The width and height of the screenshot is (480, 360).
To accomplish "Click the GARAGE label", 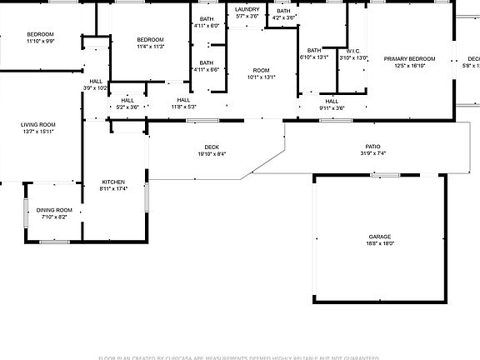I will point(380,237).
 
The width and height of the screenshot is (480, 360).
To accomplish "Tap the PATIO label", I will point(372,147).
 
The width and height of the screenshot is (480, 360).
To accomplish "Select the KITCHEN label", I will point(113,182).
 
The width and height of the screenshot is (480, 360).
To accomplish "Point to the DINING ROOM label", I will point(54,210).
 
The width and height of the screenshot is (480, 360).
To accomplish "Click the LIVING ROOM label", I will point(37,125).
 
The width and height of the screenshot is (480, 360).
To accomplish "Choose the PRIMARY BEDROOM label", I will point(409,58).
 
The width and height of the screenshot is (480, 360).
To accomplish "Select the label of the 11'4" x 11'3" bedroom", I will point(150,40).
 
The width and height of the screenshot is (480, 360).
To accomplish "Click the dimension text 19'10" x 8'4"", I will point(211,154).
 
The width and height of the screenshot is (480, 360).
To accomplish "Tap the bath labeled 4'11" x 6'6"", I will point(206,63).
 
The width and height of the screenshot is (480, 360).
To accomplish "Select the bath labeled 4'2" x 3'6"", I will point(284,11).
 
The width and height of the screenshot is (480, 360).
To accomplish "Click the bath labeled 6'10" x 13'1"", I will point(313,51).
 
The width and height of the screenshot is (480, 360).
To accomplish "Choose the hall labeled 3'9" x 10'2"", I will point(95,81).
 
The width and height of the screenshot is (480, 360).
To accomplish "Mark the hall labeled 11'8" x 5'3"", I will point(183,100).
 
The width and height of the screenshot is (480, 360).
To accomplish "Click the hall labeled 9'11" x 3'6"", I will point(332,101).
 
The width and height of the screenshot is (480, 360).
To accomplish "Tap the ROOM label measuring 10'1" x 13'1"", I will point(262,71).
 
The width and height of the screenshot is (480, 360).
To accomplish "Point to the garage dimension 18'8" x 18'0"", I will point(380,243).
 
